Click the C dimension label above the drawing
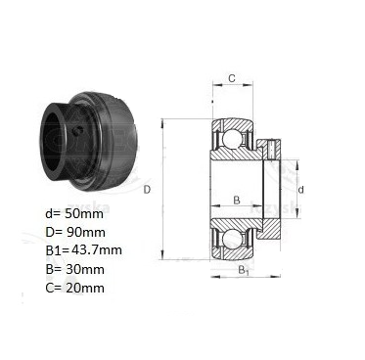click(232, 78)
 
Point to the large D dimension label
click(148, 190)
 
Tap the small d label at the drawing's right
click(301, 190)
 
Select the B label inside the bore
click(237, 200)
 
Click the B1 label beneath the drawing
click(244, 270)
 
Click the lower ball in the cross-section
click(231, 241)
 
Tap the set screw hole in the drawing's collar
click(272, 148)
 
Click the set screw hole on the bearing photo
click(77, 131)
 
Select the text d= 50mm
click(74, 214)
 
